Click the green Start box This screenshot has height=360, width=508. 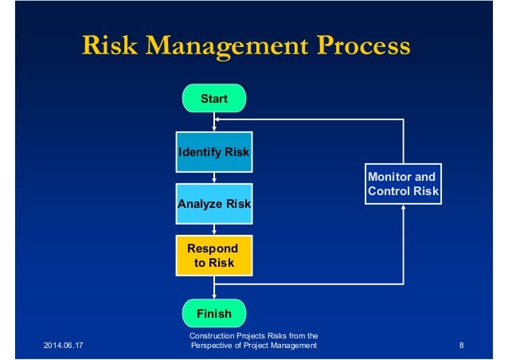coord(214,99)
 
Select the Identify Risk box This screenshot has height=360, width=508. coord(214,152)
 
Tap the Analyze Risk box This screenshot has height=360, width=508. coord(214,204)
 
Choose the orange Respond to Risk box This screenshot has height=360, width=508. coord(214,255)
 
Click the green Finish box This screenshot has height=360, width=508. coord(214,313)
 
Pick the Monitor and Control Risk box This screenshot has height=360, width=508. coord(403,184)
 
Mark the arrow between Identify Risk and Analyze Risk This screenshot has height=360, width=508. coord(214,178)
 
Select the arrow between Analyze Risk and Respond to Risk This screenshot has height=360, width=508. coord(214,229)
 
